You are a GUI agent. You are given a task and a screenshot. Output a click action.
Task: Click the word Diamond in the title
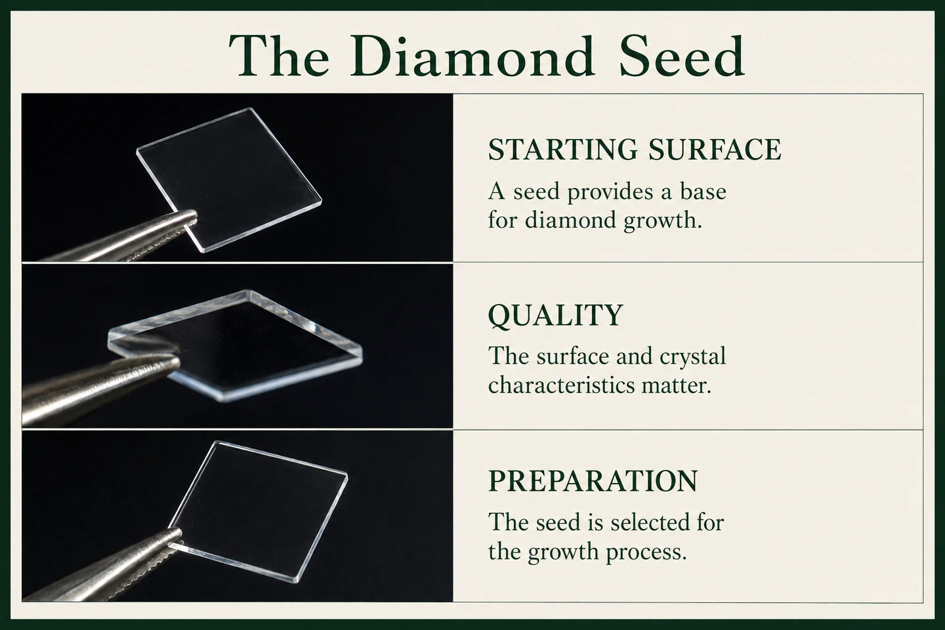tap(472, 56)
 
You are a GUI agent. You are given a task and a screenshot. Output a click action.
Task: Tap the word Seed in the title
tap(681, 56)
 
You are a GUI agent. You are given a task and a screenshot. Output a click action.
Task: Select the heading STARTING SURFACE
tap(635, 150)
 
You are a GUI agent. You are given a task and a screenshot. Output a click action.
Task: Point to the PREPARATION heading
tap(593, 480)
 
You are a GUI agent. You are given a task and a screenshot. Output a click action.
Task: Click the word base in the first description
tap(703, 192)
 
